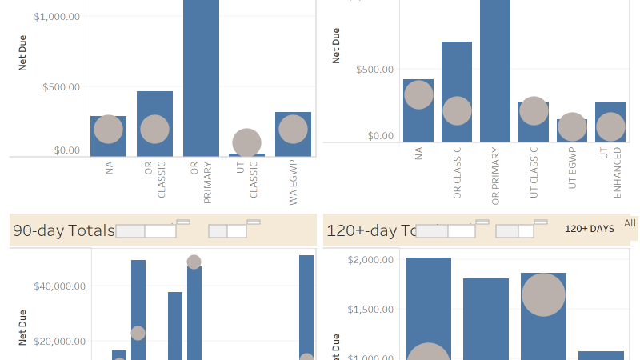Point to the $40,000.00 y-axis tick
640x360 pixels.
(59, 286)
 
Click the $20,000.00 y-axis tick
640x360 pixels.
(59, 342)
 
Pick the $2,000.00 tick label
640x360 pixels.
(371, 260)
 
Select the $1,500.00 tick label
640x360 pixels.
(371, 310)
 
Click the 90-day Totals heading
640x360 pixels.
(63, 231)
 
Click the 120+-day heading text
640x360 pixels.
(369, 231)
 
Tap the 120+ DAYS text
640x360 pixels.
(590, 229)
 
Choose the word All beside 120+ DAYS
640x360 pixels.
(630, 223)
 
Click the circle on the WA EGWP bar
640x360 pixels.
(294, 129)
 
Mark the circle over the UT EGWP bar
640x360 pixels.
(572, 126)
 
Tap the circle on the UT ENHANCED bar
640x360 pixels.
(610, 126)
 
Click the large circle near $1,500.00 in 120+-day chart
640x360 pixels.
(544, 294)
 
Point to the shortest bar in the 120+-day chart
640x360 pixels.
(601, 355)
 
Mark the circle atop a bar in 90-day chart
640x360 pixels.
(194, 262)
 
